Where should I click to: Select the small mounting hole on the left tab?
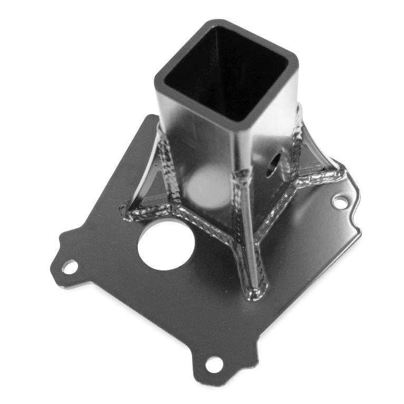coord(68,267)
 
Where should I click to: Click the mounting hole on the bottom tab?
coord(214,363)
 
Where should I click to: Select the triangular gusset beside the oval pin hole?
coord(316,158)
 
